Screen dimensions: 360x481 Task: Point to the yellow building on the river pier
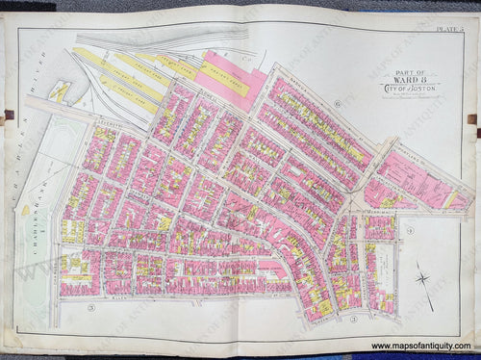tap(62, 91)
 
